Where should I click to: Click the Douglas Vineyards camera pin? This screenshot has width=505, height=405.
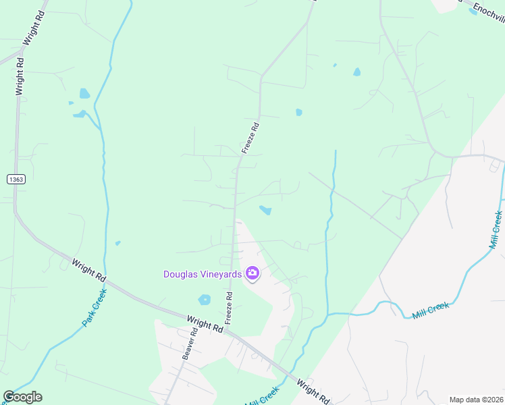(252, 273)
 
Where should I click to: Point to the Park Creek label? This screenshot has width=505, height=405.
(95, 308)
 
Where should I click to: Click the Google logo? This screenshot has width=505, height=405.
(22, 397)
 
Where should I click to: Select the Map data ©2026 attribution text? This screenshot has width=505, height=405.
(476, 400)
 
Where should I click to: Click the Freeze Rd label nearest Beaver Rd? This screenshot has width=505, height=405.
(230, 306)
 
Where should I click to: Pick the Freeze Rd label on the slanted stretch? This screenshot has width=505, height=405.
(250, 137)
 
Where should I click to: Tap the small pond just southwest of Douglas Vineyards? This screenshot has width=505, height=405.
(204, 299)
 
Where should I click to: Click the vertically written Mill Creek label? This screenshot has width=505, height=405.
(496, 230)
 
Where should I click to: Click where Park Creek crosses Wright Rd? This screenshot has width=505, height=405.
(105, 273)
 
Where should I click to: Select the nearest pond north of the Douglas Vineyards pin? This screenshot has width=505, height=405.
(265, 211)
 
